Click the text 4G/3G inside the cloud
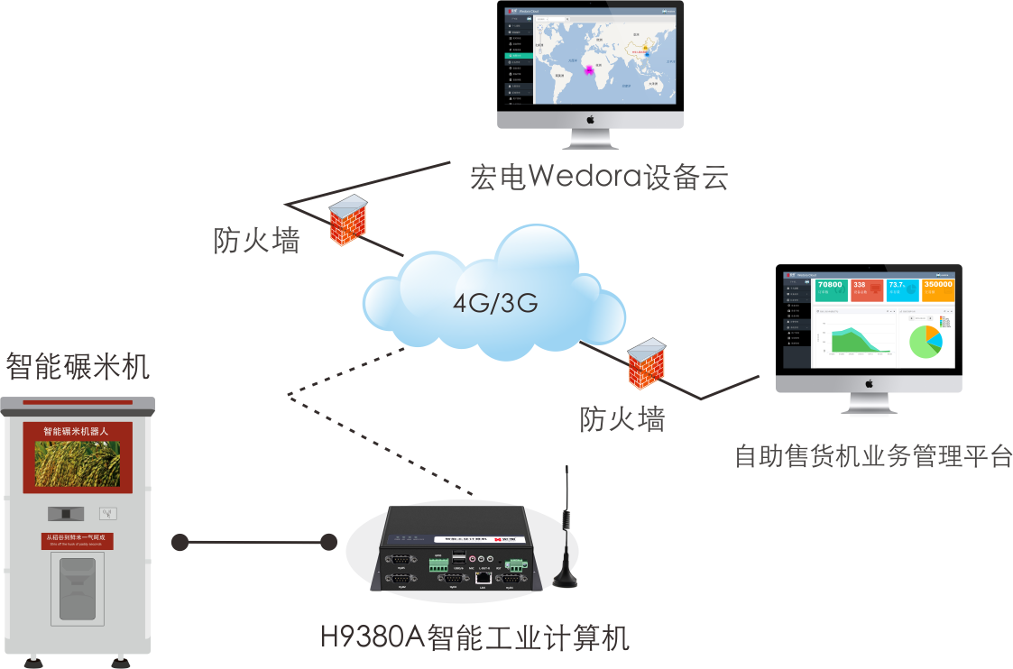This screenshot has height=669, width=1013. [495, 303]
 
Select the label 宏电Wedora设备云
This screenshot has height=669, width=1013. [598, 177]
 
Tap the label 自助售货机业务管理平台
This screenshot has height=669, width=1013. [873, 456]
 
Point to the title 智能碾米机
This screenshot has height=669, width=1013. [78, 367]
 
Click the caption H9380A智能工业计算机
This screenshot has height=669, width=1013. [474, 637]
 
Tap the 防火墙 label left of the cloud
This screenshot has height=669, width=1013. [256, 241]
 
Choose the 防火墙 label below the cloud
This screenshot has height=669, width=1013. [622, 418]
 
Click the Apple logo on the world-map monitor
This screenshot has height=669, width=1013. [590, 119]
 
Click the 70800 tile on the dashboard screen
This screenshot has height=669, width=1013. [830, 289]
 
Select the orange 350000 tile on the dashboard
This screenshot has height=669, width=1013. [938, 289]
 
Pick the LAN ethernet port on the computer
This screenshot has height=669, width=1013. [484, 576]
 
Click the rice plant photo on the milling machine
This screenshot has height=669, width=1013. [77, 463]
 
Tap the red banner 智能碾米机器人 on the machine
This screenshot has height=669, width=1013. [77, 432]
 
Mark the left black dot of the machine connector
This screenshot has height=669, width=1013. [180, 543]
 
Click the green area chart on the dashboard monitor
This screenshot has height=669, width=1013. [852, 341]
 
